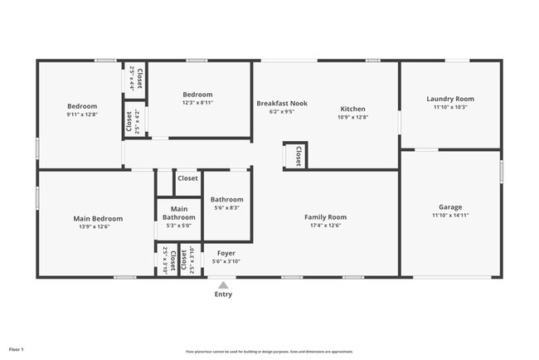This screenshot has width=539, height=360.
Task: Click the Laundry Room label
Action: point(450,99)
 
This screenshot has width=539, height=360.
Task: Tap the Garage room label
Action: point(450,207)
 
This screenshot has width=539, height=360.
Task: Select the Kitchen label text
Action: point(352,109)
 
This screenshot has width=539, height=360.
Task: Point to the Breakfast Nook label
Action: point(281,103)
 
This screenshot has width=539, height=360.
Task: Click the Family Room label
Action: point(325,216)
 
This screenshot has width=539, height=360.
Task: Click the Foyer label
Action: point(226,253)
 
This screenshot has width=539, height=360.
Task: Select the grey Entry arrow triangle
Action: point(223,285)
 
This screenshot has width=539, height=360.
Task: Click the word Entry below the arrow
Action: point(223,294)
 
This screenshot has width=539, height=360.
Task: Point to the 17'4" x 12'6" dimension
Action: point(325,226)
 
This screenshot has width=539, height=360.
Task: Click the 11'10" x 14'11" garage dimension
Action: point(450,216)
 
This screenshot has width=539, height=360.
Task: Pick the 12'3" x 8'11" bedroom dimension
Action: point(197,103)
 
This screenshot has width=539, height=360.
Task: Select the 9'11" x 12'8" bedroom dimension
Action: point(82,114)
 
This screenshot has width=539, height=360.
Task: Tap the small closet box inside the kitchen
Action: point(296,155)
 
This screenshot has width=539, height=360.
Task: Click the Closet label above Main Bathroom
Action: point(187,178)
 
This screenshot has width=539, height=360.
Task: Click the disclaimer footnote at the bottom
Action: point(269,352)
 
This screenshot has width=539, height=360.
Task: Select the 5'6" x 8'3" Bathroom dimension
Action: point(226,208)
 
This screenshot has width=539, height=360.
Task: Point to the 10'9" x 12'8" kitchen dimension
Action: point(352,118)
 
